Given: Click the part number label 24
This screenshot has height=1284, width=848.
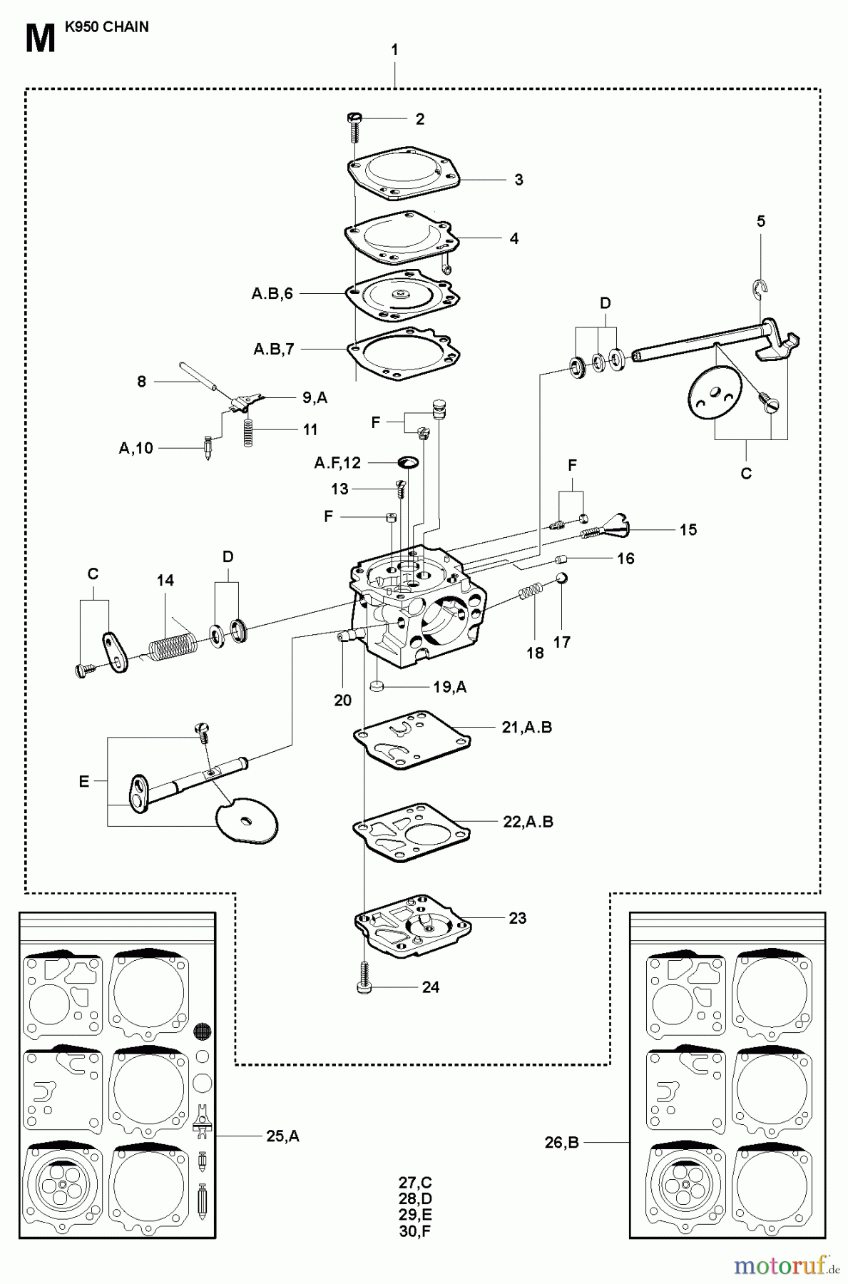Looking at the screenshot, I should pos(430,987).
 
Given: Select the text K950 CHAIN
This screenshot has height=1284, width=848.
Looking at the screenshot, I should pos(106,27).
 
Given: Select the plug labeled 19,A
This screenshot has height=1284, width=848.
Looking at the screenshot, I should pos(379,687).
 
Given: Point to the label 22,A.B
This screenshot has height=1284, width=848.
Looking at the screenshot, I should pos(528,821).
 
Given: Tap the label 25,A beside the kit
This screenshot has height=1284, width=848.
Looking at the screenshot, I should pos(282,1136).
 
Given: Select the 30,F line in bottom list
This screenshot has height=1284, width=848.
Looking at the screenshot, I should pos(416,1230).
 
